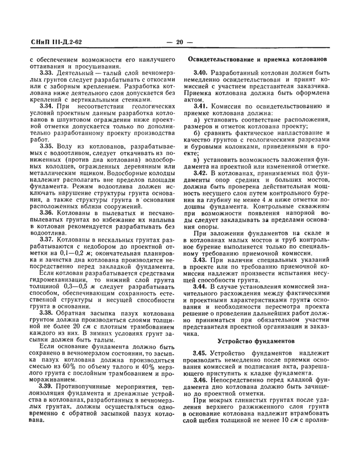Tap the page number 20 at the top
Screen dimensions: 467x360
click(x=179, y=42)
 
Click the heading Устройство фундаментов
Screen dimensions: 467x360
click(x=256, y=341)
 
